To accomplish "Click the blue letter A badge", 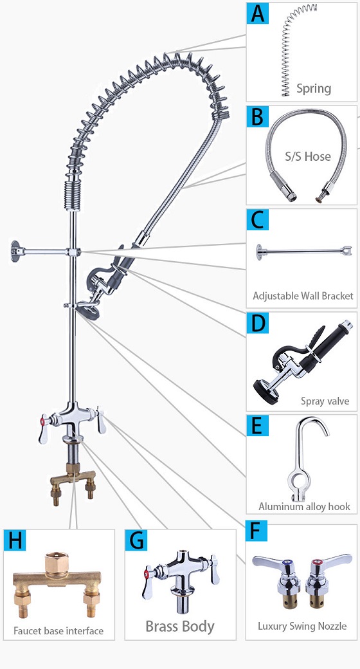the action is tap(258, 13).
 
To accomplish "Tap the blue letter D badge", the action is tap(258, 324).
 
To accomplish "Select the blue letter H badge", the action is tap(15, 540).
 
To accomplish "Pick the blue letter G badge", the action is tap(136, 540).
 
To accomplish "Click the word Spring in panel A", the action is tap(314, 89).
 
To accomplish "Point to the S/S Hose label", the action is tap(307, 156).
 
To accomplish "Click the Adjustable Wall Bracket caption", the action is tap(303, 296).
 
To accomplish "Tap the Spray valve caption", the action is tap(325, 401).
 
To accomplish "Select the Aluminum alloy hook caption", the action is tap(304, 506).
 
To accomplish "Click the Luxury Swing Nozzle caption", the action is tap(302, 626).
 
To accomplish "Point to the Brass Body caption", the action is tap(179, 627).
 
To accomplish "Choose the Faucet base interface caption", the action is tap(59, 630).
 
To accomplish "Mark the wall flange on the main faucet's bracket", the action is tap(15, 252).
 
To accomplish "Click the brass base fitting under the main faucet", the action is tap(73, 481).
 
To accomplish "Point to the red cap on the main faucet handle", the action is tap(42, 421).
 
